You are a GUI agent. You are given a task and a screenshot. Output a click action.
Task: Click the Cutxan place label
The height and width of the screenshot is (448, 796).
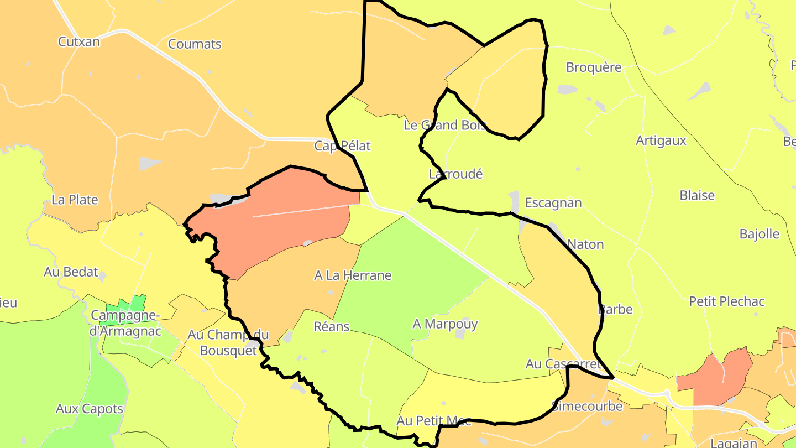point(79,41)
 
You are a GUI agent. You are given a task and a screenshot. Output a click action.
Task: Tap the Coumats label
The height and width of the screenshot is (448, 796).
point(195,44)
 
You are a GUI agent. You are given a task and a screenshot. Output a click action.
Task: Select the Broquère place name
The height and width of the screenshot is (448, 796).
point(594,67)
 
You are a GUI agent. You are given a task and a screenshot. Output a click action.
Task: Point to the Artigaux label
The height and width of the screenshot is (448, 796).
point(661,140)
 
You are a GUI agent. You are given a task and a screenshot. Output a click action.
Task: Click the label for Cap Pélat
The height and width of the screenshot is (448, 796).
point(342,146)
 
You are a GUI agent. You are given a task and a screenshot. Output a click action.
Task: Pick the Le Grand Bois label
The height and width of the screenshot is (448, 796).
point(446,125)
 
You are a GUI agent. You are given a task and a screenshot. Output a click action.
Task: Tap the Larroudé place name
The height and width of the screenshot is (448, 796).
point(455,174)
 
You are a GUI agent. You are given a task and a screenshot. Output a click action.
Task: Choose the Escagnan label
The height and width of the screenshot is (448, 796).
point(553,203)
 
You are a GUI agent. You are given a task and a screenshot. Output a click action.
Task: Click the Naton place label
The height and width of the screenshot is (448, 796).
point(585,244)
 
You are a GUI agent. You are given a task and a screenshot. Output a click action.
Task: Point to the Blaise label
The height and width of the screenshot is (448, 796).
point(697,196)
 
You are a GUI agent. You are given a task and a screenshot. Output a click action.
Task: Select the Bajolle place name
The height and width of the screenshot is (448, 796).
point(760,234)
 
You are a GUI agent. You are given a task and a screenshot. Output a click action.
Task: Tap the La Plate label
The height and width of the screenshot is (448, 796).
point(75,200)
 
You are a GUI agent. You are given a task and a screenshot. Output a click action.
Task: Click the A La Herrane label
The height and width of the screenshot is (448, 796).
point(353,275)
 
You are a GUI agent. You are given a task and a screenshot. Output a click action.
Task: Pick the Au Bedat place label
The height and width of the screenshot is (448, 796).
point(71,272)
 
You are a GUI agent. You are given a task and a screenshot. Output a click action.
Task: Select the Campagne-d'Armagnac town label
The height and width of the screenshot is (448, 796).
point(125,323)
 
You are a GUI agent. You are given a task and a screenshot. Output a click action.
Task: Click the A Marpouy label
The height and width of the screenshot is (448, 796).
point(445,324)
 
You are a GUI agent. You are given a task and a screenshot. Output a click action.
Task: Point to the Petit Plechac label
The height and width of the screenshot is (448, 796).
point(726,301)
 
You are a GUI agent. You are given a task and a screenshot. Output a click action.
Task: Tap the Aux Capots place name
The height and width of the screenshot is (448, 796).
point(89,409)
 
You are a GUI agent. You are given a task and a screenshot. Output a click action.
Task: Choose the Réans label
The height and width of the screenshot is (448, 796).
point(332,326)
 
